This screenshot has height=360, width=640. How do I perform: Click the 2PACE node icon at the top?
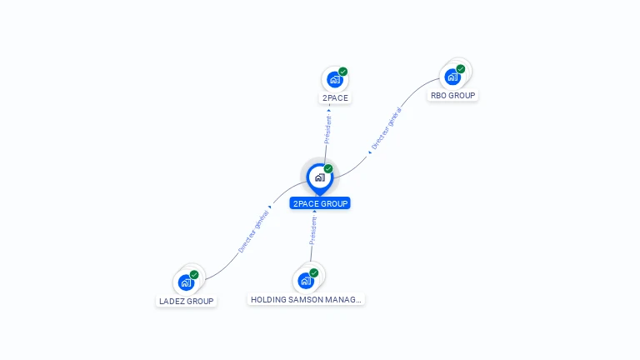(x=334, y=79)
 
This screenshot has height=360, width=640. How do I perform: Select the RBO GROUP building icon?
(x=452, y=77)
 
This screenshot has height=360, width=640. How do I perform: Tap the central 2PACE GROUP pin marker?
(x=319, y=177)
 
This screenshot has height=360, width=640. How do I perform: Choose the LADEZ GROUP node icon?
(x=186, y=282)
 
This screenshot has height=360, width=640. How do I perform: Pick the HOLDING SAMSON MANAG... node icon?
(x=306, y=281)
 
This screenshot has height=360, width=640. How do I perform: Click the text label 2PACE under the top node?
(x=335, y=98)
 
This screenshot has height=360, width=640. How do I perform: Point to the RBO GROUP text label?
(x=452, y=96)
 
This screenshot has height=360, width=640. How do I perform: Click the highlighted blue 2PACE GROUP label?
(x=320, y=203)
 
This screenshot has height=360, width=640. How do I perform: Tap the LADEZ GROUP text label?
(x=187, y=302)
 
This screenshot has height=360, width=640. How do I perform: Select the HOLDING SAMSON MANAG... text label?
(x=307, y=299)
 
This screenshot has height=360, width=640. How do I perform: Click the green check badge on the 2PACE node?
(x=343, y=72)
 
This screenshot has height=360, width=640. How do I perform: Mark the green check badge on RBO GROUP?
(x=461, y=69)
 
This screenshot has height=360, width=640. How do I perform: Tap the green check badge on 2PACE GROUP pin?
(x=328, y=168)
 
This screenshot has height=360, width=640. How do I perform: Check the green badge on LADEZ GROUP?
(x=194, y=274)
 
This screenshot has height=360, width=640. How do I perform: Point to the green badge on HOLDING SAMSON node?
(x=314, y=272)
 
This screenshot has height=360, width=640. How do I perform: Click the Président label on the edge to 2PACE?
(x=327, y=130)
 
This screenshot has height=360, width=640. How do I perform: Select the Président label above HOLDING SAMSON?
(x=313, y=231)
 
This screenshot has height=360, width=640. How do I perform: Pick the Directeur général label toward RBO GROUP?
(x=387, y=129)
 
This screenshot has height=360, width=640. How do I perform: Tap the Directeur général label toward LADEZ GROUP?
(x=254, y=232)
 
